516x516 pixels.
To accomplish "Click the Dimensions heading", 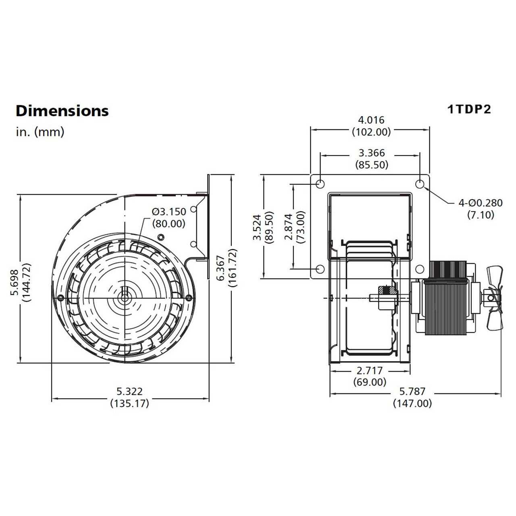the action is [62, 111].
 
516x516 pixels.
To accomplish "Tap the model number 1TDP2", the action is [469, 109].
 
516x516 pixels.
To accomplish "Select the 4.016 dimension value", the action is [371, 120].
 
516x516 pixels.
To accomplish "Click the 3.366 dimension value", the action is [371, 153].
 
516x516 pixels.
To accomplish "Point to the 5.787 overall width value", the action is [412, 391].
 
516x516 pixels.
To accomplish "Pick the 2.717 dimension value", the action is [370, 370].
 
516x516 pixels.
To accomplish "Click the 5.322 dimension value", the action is [129, 391].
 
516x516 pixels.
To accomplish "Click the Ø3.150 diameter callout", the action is [169, 212].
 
